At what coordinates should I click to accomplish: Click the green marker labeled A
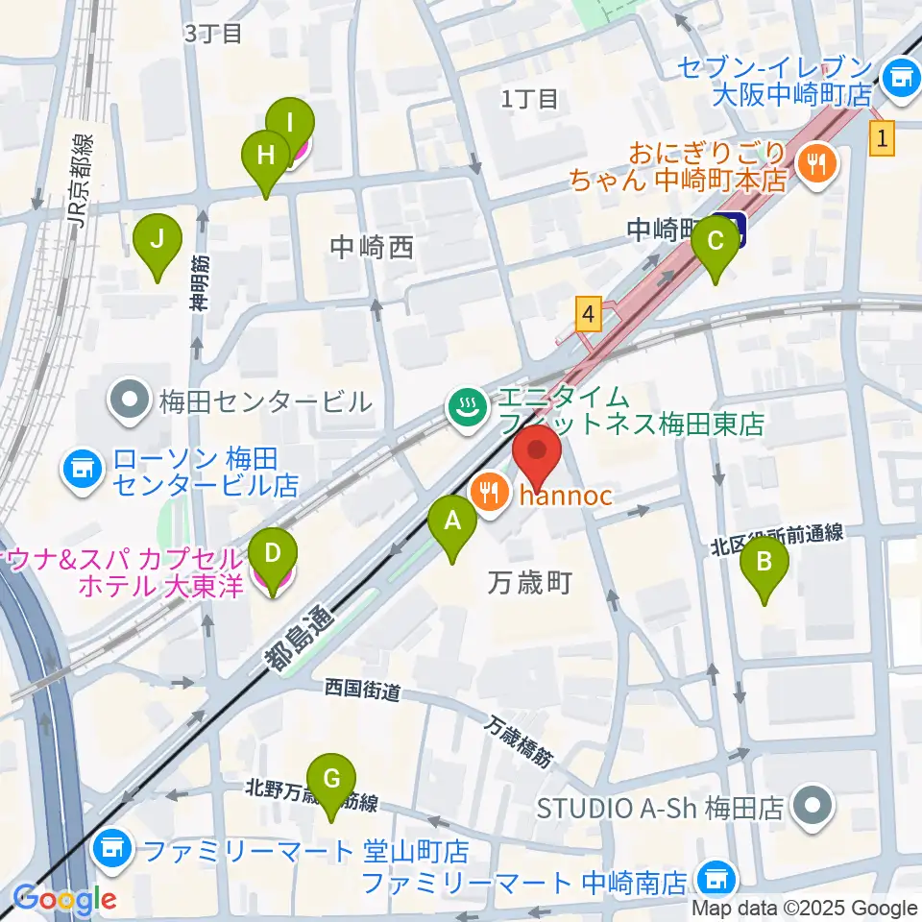452,523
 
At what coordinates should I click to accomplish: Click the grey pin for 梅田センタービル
127,400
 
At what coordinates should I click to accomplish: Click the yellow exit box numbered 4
589,313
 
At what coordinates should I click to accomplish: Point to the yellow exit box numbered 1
883,140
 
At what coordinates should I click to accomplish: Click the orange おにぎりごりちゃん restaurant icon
817,164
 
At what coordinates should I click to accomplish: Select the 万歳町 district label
530,581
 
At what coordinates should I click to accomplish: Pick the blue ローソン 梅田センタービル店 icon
82,470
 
